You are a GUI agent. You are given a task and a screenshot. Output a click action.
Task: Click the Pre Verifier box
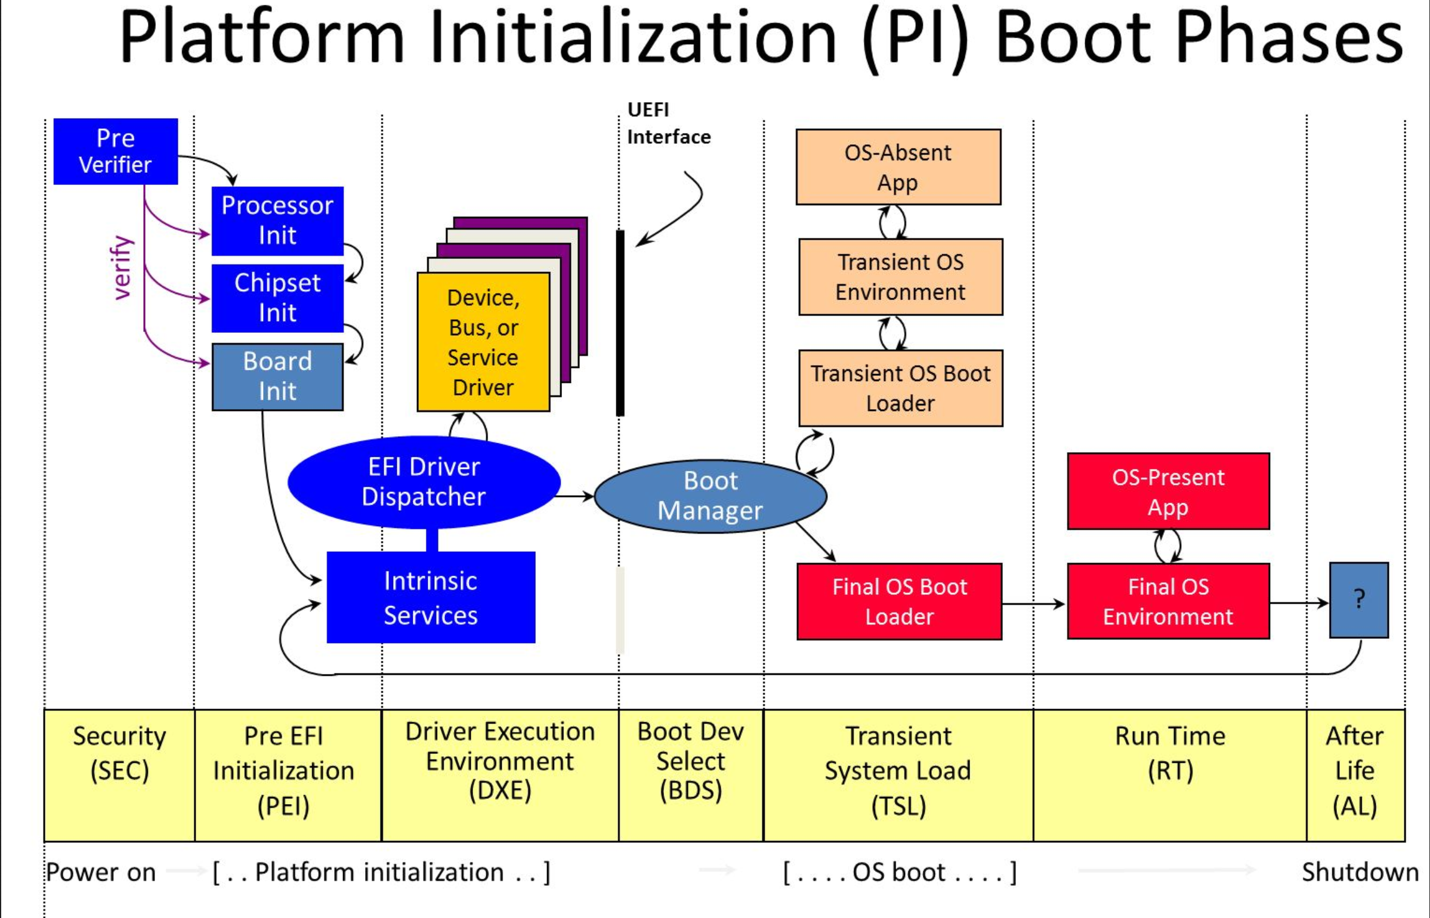point(115,152)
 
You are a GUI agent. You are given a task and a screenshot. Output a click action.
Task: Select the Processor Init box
point(277,221)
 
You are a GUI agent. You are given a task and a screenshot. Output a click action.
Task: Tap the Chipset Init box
point(277,298)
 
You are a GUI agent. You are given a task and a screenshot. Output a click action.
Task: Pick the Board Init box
point(277,376)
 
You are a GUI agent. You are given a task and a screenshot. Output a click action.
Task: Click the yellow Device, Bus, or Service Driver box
point(483,342)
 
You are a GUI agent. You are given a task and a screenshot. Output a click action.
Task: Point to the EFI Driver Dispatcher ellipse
point(424,482)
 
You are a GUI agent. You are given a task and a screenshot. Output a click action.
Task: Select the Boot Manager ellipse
point(710,496)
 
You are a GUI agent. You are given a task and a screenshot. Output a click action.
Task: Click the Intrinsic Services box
point(431,597)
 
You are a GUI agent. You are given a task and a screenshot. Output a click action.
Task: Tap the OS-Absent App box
point(898,167)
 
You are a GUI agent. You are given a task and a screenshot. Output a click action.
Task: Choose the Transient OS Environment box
point(900,277)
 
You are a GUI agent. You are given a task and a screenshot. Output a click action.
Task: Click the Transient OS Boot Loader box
point(900,388)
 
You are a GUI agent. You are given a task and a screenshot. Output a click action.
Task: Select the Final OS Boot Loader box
point(899,601)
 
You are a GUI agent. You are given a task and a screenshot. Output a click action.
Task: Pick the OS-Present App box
point(1168,492)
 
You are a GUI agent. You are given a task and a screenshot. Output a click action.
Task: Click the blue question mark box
point(1358,599)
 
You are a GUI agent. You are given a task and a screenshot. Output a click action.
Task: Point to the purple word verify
point(122,268)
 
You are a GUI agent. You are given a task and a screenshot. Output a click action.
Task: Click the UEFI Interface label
point(668,123)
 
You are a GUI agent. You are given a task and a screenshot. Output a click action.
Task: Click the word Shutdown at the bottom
point(1360,872)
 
